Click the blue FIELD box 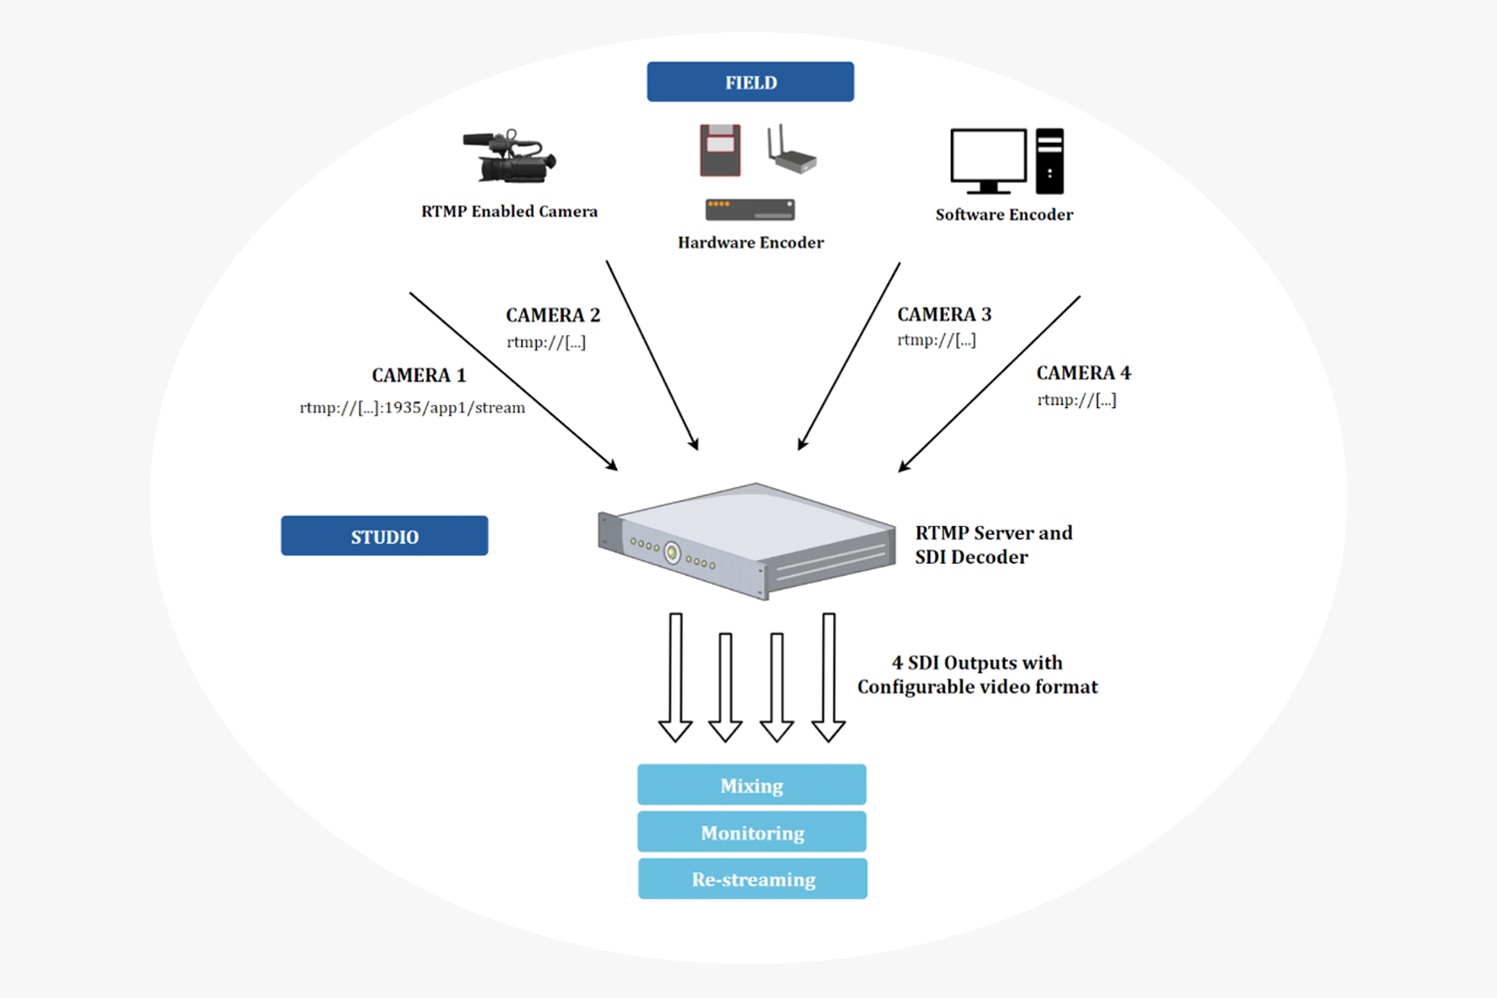point(750,82)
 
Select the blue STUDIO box point(384,536)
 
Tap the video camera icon point(509,158)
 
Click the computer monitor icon point(988,160)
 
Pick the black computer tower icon point(1049,161)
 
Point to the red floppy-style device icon point(720,151)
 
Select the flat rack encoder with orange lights point(749,210)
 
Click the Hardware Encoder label point(750,243)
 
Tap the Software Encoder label point(1004,215)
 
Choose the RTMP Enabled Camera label point(509,212)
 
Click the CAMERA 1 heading point(418,375)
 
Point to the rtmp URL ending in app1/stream point(412,407)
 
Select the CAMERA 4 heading point(1083,373)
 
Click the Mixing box point(751,785)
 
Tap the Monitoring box point(751,832)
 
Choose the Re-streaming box point(752,879)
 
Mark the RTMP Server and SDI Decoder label point(992,545)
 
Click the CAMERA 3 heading point(944,314)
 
